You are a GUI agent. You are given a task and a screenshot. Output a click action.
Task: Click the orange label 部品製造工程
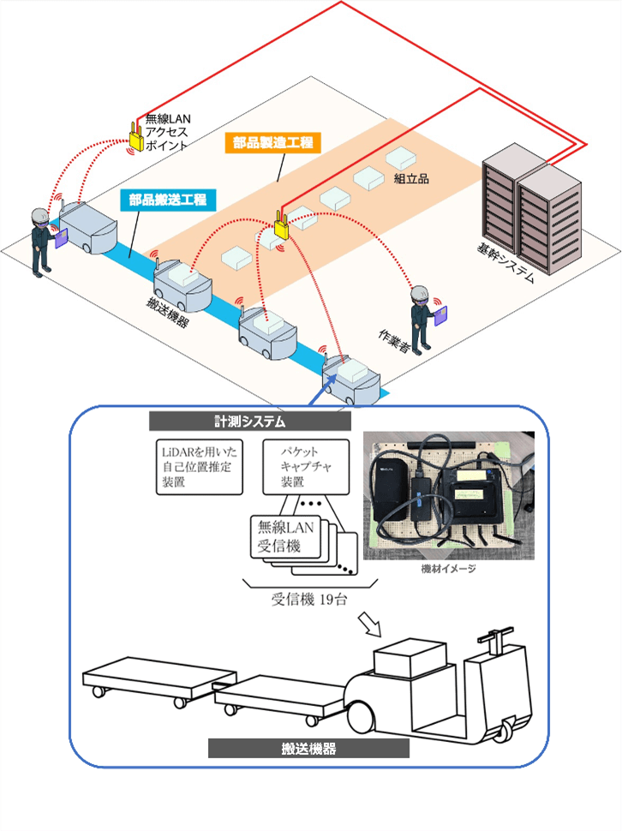[272, 142]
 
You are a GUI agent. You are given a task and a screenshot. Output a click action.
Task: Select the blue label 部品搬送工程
[167, 200]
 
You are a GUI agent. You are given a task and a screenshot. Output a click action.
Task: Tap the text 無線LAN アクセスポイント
[167, 132]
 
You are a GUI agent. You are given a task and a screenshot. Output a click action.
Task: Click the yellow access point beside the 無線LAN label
[136, 137]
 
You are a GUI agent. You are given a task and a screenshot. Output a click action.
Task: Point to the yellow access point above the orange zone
[281, 224]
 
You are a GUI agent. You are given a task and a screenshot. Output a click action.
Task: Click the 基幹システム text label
[505, 264]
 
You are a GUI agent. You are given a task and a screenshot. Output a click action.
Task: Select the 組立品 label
[411, 178]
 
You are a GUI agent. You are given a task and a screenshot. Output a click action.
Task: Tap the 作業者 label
[394, 342]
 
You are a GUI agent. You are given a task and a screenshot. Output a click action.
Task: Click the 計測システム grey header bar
[250, 421]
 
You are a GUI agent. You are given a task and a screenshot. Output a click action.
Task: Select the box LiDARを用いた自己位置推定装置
[200, 467]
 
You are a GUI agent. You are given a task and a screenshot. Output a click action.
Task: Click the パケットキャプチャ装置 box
[306, 467]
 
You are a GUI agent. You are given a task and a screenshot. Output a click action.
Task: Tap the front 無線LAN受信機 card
[285, 537]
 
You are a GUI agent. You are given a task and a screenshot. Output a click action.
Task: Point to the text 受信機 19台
[310, 600]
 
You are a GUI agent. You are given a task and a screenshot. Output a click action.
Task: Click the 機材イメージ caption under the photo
[448, 569]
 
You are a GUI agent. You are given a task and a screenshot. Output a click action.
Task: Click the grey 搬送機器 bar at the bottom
[308, 748]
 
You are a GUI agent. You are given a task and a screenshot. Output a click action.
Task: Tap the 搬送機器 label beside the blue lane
[167, 312]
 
